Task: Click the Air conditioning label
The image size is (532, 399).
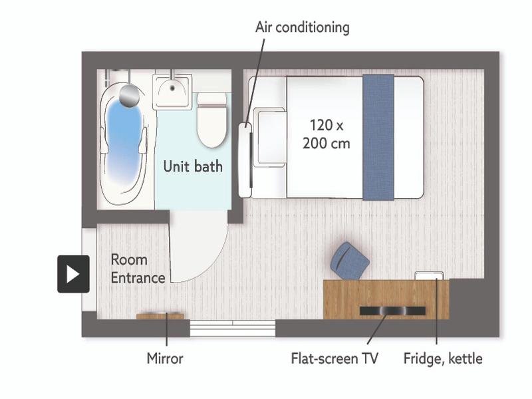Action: (x=303, y=28)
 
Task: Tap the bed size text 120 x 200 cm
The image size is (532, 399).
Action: (x=327, y=134)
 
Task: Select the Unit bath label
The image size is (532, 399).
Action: (x=193, y=167)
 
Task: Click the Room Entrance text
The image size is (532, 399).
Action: (x=138, y=269)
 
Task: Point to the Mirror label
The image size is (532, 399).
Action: (x=165, y=358)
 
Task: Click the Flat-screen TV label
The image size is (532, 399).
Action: (x=334, y=358)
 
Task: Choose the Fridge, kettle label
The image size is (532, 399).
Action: (x=443, y=359)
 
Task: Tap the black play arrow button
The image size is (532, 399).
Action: (x=73, y=274)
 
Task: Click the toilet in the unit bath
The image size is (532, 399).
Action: (x=212, y=120)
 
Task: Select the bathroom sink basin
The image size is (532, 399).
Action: (x=172, y=92)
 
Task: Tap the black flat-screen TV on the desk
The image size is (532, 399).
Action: (x=392, y=311)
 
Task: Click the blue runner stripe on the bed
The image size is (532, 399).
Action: (x=378, y=138)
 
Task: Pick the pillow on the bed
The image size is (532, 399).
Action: (x=270, y=138)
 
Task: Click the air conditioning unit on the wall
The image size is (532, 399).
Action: (x=245, y=160)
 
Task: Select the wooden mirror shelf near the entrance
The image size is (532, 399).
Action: (x=160, y=316)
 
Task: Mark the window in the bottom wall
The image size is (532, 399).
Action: (x=232, y=328)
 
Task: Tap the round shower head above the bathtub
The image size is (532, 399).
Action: (x=130, y=95)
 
